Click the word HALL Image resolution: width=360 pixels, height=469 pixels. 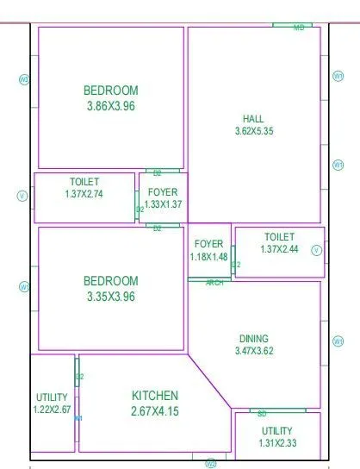253,118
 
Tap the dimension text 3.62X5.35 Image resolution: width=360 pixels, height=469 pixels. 253,131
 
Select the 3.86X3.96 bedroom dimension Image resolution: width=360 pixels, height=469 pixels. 110,106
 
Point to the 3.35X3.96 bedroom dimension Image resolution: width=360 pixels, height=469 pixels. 110,297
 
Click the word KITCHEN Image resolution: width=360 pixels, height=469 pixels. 155,395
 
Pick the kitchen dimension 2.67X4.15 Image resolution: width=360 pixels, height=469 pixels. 155,411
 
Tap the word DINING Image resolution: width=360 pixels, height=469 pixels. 253,339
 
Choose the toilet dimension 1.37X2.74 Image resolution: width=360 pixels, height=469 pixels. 84,195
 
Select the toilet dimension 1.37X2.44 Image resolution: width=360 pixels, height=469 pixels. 279,249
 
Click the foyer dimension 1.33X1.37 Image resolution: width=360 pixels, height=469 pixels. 163,203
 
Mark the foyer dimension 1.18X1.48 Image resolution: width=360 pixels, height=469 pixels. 208,257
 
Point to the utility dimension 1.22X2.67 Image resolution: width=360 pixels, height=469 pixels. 52,410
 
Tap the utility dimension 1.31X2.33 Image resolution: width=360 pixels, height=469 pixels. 276,443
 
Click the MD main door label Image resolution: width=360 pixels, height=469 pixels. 299,28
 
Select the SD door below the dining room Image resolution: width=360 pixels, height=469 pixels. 262,414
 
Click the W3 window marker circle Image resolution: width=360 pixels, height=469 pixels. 24,79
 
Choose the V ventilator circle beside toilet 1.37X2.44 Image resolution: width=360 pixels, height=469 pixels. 316,250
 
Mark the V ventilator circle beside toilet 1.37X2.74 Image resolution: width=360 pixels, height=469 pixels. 22,196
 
